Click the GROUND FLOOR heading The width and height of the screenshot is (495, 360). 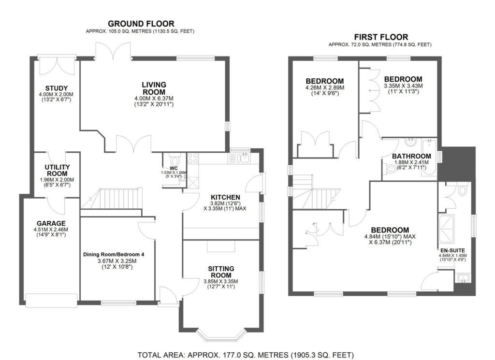point(141,23)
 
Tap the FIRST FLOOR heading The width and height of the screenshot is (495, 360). point(381,37)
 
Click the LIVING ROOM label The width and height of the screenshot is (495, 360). point(154,88)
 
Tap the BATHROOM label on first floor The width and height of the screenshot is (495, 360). point(411,156)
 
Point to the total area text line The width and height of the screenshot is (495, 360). point(246,354)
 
